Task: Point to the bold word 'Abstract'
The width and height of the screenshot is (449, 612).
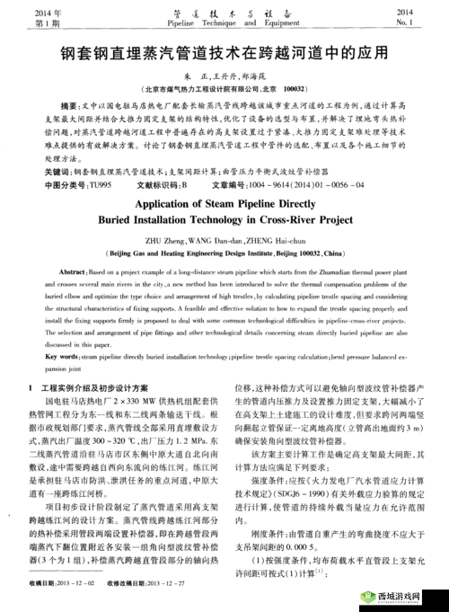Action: click(x=74, y=271)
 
